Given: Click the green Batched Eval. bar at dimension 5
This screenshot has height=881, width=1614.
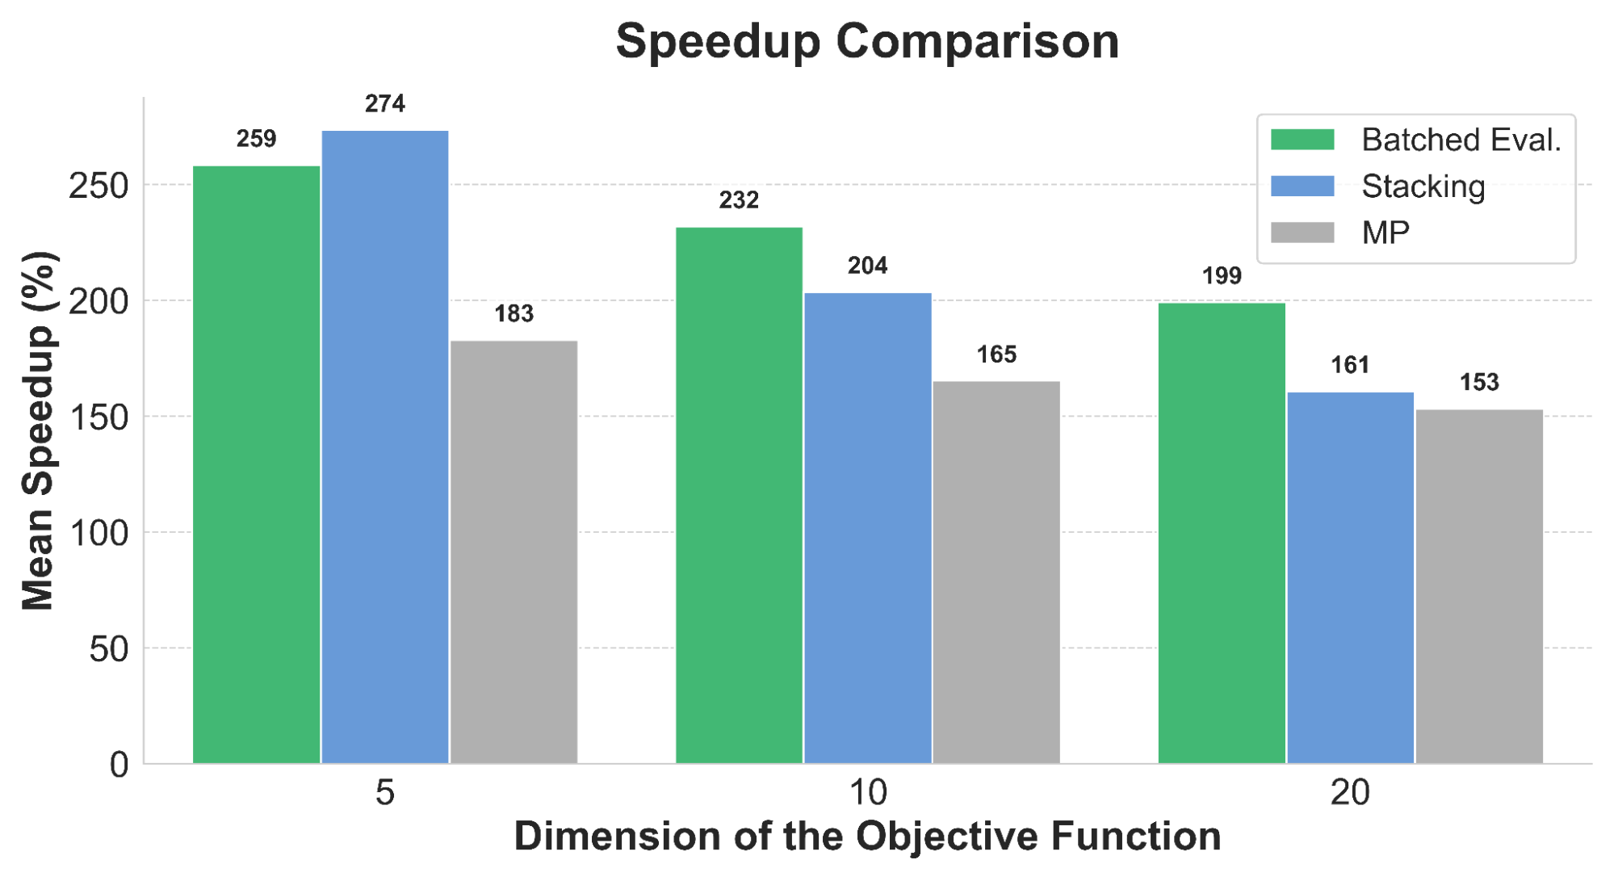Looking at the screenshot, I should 256,464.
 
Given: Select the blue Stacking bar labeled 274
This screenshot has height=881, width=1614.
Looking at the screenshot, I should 385,447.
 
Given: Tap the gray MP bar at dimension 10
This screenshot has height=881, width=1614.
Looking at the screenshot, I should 996,572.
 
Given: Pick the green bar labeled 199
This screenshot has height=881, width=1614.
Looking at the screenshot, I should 1222,533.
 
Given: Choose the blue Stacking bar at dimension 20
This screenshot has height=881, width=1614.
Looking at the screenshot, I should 1350,577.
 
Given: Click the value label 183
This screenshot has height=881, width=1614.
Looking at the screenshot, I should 514,313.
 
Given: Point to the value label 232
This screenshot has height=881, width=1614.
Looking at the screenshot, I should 739,199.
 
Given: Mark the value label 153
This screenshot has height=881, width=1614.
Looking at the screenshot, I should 1479,382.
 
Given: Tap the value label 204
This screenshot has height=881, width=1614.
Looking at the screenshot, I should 868,266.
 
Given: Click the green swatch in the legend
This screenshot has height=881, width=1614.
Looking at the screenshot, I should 1302,140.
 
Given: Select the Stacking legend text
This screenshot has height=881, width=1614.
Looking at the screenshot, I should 1423,187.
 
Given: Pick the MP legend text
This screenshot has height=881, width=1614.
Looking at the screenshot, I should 1386,233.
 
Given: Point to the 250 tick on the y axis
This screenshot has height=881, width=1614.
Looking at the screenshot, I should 99,186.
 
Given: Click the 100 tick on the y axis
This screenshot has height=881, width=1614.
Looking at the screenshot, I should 99,533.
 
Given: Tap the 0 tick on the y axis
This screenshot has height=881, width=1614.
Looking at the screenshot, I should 119,765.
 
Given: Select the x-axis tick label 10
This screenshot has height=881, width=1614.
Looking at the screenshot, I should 868,793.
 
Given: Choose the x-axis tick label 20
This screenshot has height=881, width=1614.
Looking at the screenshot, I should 1350,793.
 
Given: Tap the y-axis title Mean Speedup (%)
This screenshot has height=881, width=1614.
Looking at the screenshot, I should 38,430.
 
